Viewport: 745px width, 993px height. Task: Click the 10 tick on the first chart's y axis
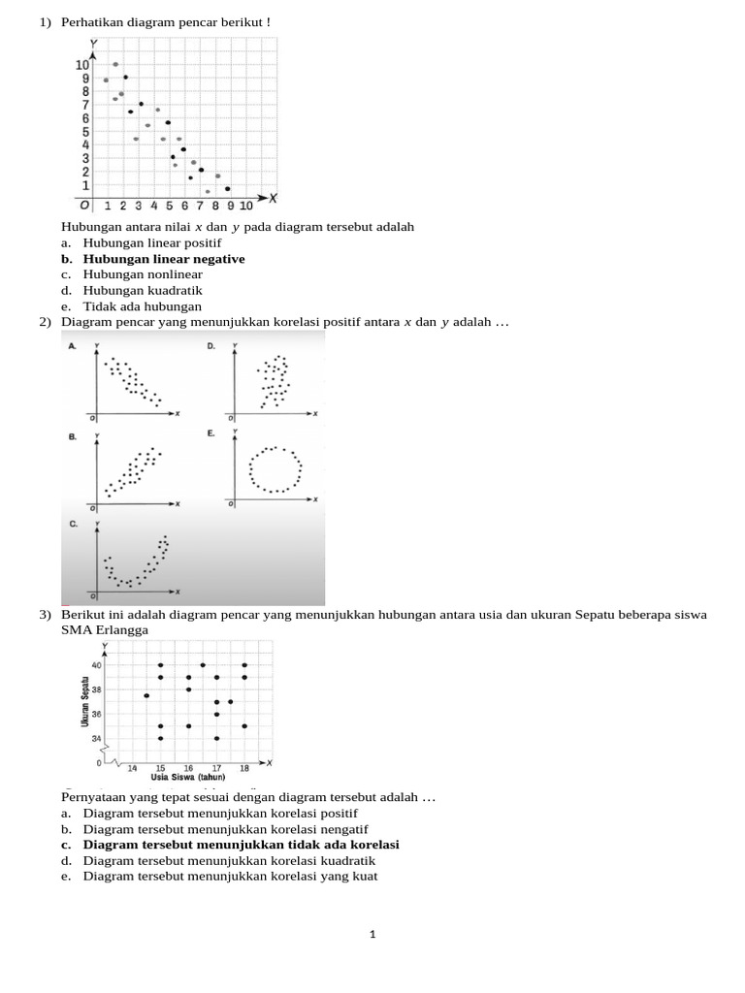click(82, 65)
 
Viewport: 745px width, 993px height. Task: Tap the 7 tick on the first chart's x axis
click(200, 206)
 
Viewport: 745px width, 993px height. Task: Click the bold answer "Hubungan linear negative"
click(163, 259)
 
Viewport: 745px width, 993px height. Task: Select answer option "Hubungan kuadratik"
click(143, 290)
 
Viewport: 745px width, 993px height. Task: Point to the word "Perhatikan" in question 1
click(94, 21)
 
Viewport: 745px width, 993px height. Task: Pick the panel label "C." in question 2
click(73, 524)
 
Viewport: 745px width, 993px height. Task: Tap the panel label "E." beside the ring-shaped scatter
click(211, 433)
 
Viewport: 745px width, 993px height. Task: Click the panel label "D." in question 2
click(211, 346)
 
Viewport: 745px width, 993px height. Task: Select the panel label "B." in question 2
click(72, 436)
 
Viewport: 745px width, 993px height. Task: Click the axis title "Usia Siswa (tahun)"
click(188, 777)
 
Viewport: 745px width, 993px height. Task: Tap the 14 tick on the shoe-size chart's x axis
click(133, 767)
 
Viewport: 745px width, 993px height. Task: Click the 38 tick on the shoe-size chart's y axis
click(96, 689)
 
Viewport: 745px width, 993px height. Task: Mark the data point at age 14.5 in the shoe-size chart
click(146, 695)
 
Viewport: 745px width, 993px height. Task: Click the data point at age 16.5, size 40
click(202, 665)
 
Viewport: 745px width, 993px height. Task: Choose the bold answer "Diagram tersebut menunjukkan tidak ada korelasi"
click(241, 845)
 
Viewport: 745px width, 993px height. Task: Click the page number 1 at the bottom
click(372, 935)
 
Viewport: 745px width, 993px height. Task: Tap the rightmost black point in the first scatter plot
click(228, 189)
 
